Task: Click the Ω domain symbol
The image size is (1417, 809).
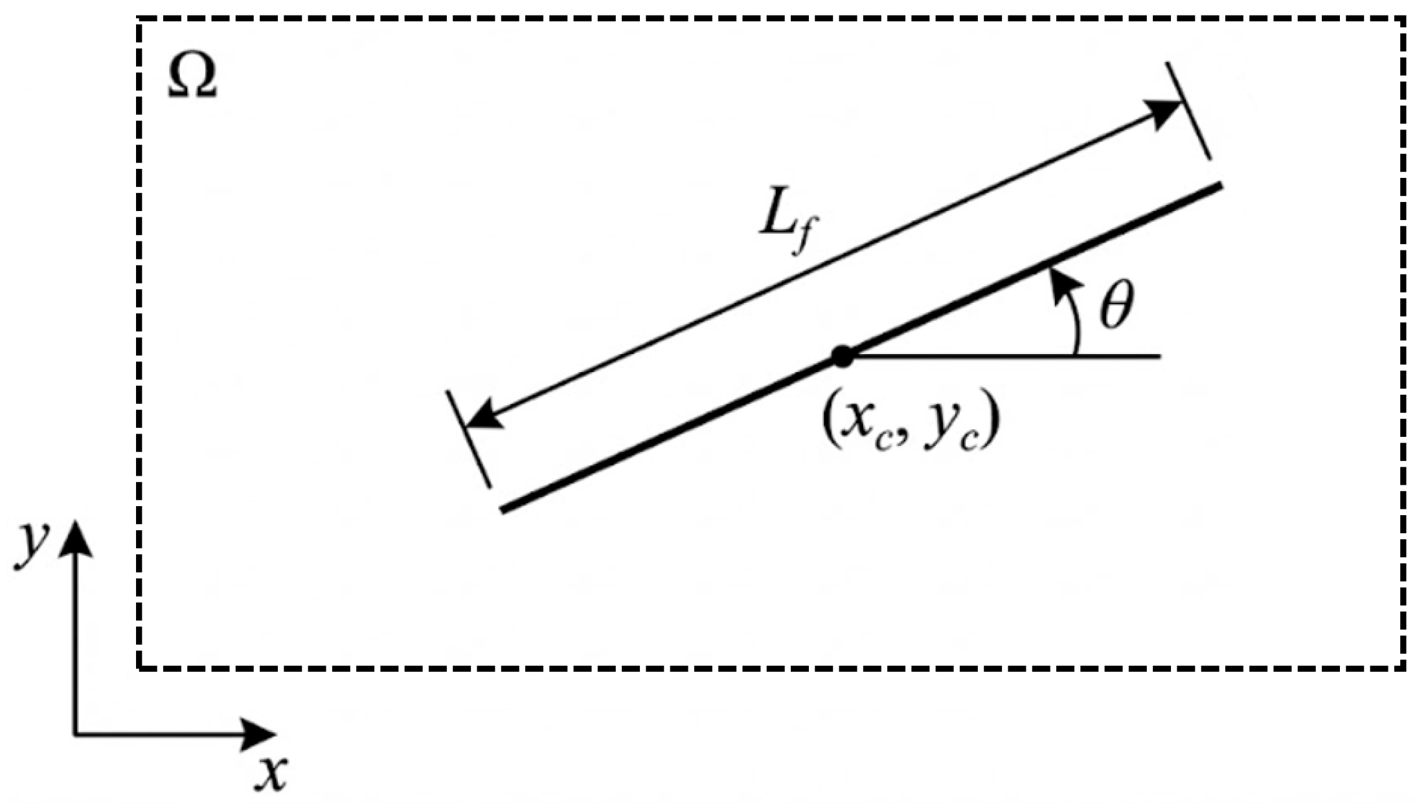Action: (192, 76)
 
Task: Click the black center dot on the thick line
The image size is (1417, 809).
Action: (842, 357)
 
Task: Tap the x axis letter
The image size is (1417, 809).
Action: (271, 773)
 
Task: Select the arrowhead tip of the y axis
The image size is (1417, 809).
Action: (76, 523)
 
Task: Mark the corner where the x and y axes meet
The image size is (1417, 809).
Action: (76, 734)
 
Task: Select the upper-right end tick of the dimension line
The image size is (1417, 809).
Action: (1188, 111)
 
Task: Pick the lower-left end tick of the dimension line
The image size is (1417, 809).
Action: (468, 439)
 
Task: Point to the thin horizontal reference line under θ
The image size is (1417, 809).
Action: (1004, 356)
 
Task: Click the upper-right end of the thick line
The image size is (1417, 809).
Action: (1221, 186)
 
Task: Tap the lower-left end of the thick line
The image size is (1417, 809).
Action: (502, 510)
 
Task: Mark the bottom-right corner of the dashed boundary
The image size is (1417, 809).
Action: (1403, 667)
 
